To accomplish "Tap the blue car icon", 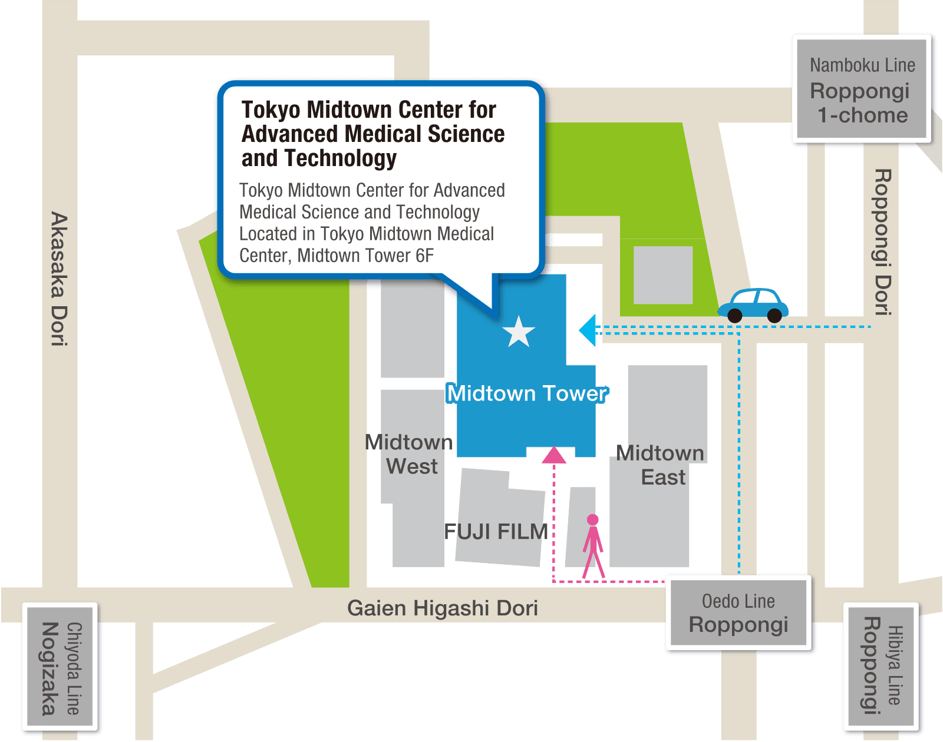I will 753,305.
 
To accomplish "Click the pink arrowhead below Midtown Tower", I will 553,455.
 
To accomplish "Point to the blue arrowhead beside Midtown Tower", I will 588,330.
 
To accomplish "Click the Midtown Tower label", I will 527,393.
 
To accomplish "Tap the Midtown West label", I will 410,454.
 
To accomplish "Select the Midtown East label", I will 661,465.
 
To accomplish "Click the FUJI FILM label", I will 496,532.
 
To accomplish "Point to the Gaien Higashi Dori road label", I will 442,608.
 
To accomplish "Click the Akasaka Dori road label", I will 59,279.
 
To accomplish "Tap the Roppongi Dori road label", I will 882,242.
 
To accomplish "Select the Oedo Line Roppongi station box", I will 738,614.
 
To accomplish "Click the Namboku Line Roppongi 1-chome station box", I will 862,90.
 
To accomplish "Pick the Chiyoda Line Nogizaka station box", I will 60,668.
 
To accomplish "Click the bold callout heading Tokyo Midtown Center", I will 372,134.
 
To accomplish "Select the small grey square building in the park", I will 663,275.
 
